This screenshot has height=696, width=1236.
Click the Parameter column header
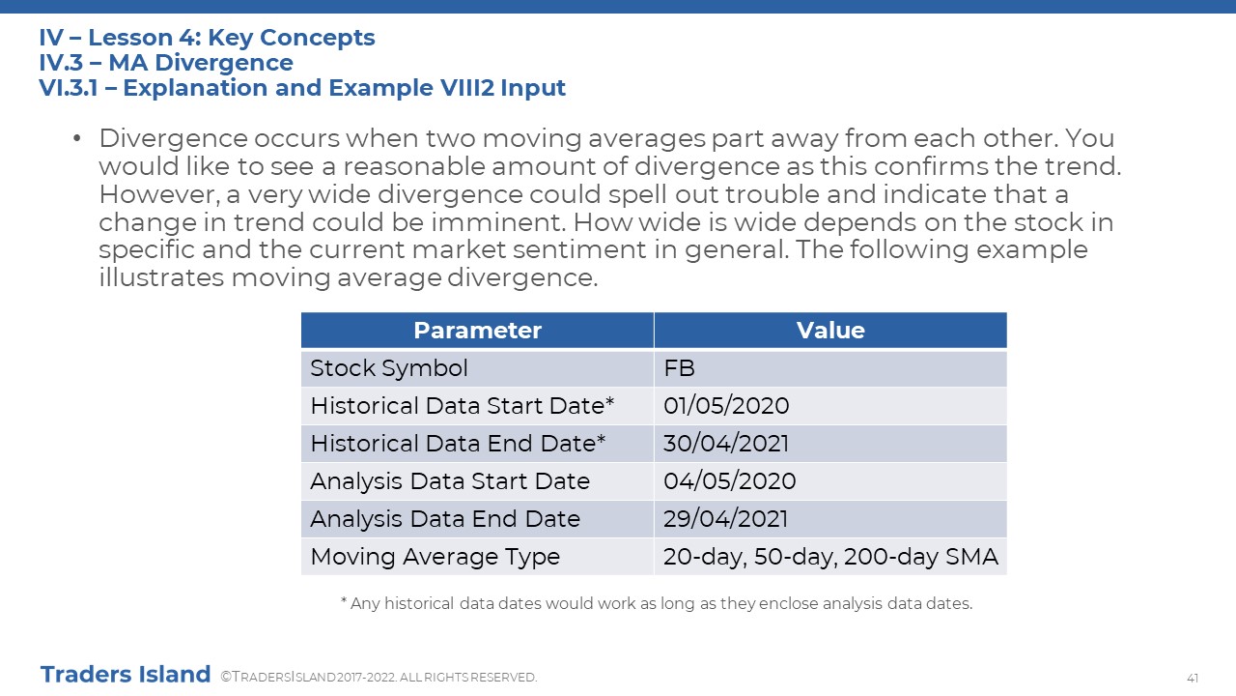tap(477, 331)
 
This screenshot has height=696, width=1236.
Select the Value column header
tap(830, 331)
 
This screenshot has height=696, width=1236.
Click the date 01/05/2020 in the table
tap(726, 406)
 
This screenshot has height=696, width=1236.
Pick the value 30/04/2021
tap(726, 444)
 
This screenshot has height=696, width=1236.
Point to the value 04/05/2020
tap(729, 481)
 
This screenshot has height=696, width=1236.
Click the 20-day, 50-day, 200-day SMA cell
tap(830, 557)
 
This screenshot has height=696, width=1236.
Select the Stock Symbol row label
tap(389, 368)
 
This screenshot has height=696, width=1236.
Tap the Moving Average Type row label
tap(435, 557)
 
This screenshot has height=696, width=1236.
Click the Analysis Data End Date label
tap(445, 519)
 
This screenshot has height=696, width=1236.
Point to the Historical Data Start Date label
tap(463, 406)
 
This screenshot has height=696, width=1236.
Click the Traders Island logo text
tap(126, 675)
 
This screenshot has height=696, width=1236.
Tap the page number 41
tap(1193, 679)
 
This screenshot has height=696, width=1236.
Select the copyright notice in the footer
tap(379, 678)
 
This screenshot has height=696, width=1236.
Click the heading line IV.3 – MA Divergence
tap(166, 63)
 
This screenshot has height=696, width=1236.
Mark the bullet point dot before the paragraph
tap(76, 138)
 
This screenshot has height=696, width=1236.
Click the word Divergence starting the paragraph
tap(173, 138)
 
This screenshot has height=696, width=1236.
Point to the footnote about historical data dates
tap(656, 604)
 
